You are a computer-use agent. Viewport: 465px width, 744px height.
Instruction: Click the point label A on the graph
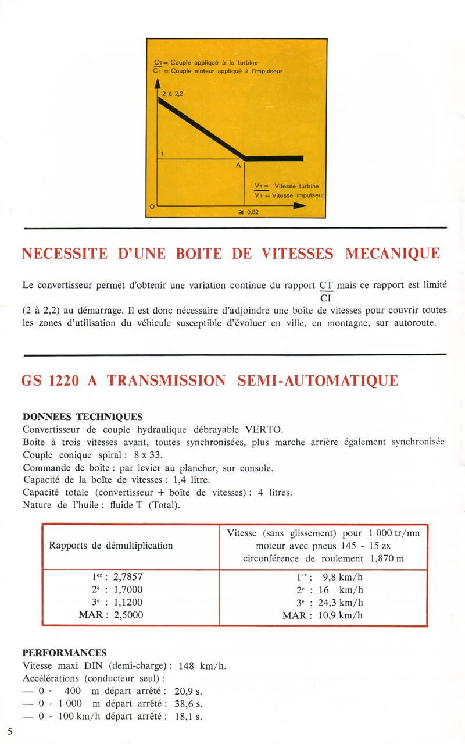[x=238, y=165]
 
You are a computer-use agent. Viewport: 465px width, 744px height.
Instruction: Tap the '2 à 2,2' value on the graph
[x=172, y=92]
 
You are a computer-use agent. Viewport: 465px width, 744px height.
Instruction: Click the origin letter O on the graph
[x=151, y=207]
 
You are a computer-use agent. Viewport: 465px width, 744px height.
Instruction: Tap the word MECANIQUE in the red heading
[x=392, y=254]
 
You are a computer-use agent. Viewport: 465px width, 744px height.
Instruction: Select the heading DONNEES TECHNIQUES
[x=82, y=417]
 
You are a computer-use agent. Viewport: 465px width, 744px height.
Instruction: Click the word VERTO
[x=264, y=430]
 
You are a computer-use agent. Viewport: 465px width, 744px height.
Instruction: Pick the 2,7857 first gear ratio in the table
[x=123, y=578]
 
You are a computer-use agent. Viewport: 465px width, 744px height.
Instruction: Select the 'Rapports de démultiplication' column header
[x=111, y=546]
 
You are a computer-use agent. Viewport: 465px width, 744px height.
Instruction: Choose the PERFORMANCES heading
[x=65, y=653]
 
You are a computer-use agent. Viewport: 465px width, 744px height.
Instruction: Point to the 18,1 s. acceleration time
[x=188, y=717]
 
